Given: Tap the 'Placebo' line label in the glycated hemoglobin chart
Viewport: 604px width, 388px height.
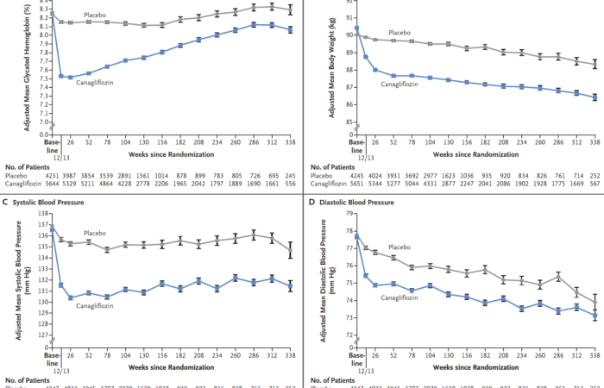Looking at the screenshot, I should pyautogui.click(x=100, y=16).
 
